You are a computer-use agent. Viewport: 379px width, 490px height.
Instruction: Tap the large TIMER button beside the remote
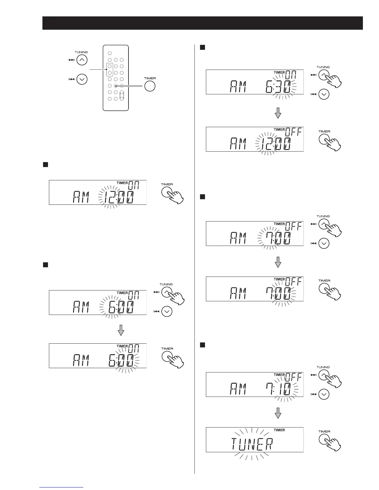(x=150, y=86)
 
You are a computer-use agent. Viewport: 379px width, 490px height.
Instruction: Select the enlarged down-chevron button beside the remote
(x=82, y=80)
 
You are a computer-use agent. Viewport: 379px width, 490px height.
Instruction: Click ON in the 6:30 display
(x=291, y=75)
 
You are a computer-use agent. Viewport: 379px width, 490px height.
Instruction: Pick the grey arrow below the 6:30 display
(x=278, y=113)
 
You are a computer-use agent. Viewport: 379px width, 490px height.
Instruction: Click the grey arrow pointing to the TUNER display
(x=278, y=413)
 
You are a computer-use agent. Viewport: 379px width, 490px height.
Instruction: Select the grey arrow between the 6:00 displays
(x=121, y=330)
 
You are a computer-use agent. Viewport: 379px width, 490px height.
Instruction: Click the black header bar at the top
(x=203, y=23)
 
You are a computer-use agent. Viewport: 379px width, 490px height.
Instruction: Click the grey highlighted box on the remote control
(x=109, y=70)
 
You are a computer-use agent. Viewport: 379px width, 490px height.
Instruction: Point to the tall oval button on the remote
(x=122, y=95)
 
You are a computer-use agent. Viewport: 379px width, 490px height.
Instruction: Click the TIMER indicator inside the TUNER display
(x=279, y=430)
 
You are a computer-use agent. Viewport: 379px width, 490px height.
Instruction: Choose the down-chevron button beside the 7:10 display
(x=324, y=394)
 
